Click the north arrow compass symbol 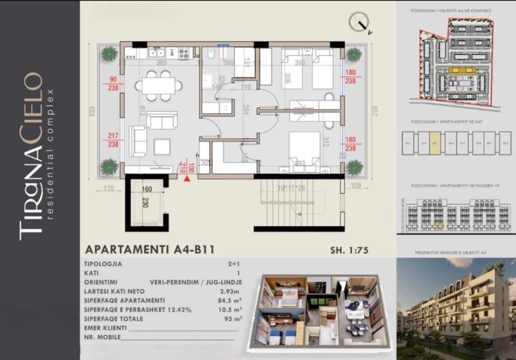[359, 21]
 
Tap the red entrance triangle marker [187, 177]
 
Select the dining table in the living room [158, 86]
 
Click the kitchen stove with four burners [184, 52]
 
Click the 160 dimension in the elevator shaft [147, 190]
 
